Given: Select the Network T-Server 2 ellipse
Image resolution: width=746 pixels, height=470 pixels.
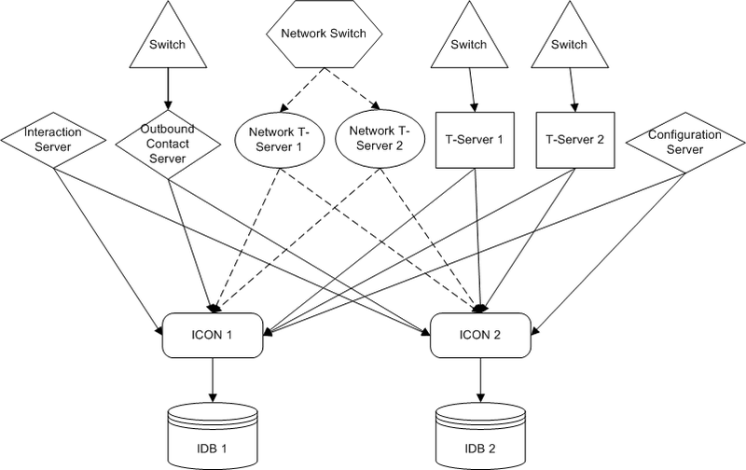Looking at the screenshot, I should [380, 140].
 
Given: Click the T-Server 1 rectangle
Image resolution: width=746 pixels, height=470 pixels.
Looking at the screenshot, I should [474, 140].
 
